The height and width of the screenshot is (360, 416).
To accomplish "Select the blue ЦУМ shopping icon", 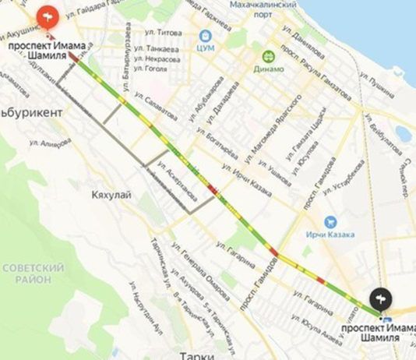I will (206, 36).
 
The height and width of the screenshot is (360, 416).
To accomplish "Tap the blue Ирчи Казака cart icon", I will (330, 222).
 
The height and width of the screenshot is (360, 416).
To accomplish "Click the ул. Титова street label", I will (165, 33).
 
